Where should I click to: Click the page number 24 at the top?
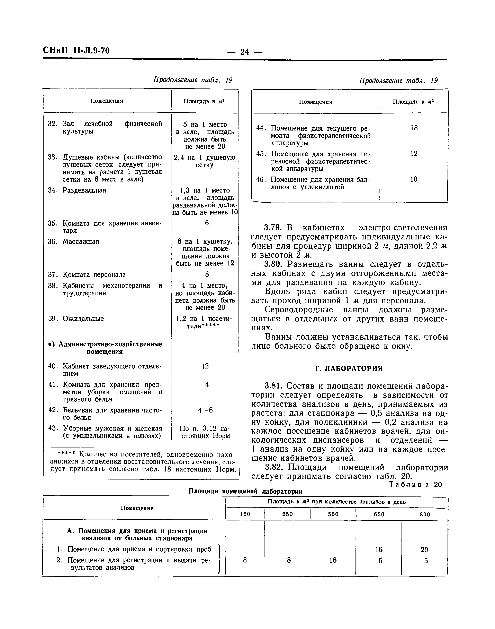pyautogui.click(x=244, y=52)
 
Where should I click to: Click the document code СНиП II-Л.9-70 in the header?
pyautogui.click(x=76, y=51)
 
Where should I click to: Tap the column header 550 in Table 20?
pyautogui.click(x=333, y=514)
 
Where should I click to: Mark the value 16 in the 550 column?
pyautogui.click(x=333, y=560)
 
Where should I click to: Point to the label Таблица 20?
pyautogui.click(x=415, y=485)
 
